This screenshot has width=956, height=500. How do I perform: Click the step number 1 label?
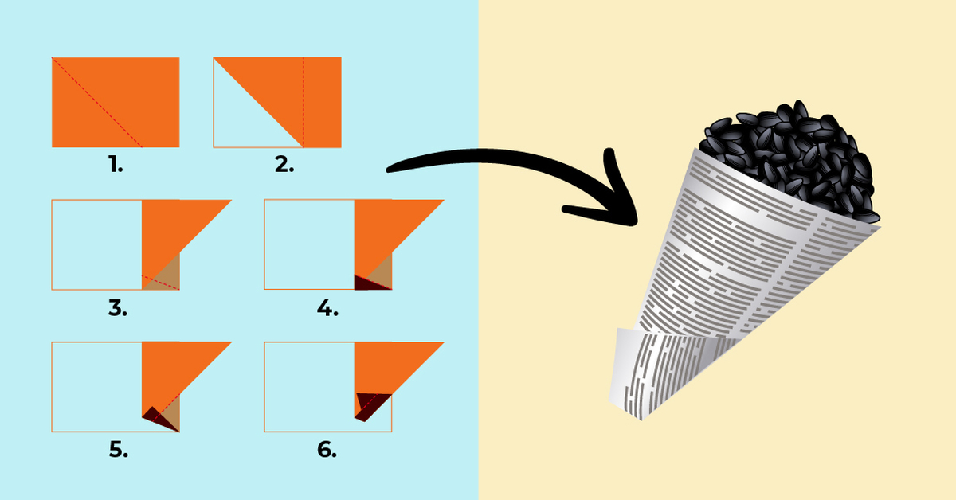(x=116, y=164)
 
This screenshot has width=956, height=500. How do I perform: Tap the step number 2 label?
(x=284, y=164)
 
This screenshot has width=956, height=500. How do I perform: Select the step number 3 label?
(x=118, y=307)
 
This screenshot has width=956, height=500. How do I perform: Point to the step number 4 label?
(x=327, y=307)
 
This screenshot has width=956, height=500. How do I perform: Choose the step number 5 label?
(x=118, y=450)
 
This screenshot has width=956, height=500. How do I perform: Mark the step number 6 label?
(x=327, y=450)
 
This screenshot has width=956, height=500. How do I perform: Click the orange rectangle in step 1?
(x=116, y=103)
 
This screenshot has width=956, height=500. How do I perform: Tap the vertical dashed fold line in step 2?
(x=304, y=103)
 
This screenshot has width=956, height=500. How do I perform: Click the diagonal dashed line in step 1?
(x=97, y=103)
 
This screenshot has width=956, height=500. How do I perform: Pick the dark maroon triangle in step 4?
(x=366, y=283)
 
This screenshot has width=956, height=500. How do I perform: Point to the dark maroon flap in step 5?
(x=159, y=419)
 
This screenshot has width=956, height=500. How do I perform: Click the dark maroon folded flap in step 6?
(x=370, y=404)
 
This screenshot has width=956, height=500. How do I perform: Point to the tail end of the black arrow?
(x=390, y=170)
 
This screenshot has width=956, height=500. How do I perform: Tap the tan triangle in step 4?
(x=382, y=273)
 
